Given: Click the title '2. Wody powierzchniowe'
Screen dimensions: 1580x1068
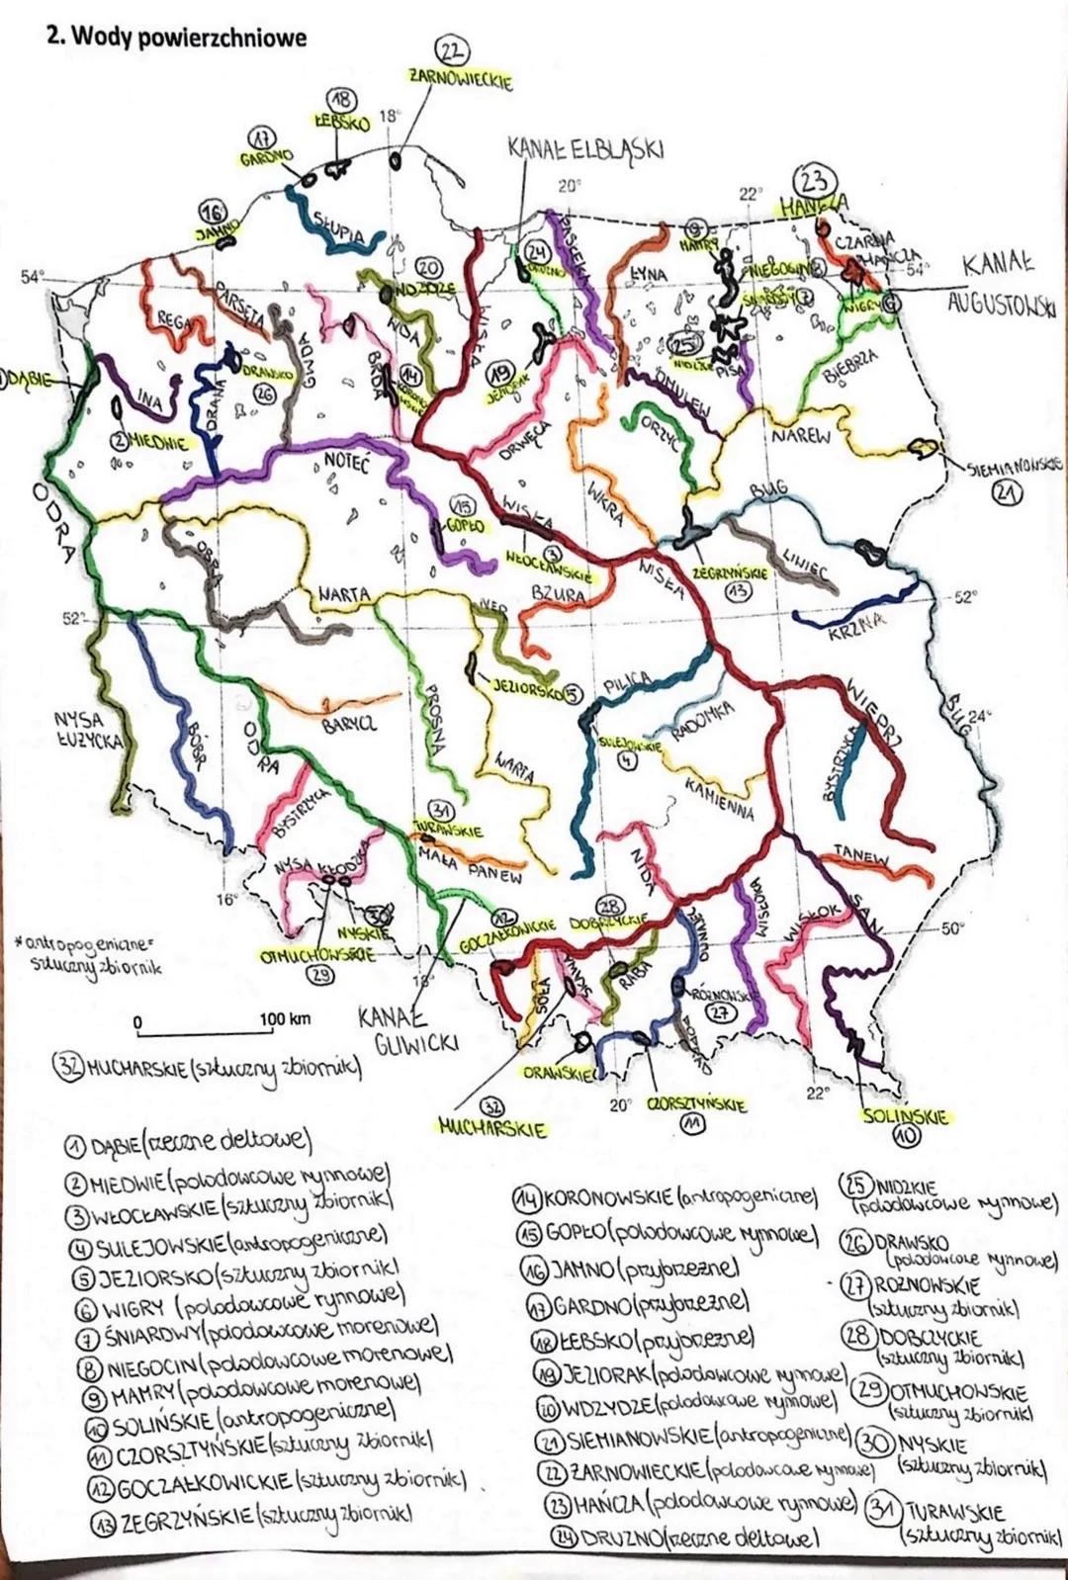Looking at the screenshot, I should pos(177,38).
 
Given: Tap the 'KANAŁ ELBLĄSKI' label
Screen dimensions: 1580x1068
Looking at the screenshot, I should pos(584,149).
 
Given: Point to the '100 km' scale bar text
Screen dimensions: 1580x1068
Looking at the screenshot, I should pos(285,1019).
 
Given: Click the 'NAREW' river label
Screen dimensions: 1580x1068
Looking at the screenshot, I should pos(802,435).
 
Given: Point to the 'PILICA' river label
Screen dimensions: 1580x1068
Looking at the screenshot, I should pos(626,681).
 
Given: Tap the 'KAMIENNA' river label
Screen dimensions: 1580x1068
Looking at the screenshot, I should pos(719,798).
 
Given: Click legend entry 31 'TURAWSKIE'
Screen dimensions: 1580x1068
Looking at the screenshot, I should pos(964,1522).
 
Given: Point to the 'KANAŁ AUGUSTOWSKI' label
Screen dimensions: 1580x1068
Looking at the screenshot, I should pos(1001,284).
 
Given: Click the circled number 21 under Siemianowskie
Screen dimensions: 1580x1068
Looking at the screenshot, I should pos(1009,495).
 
